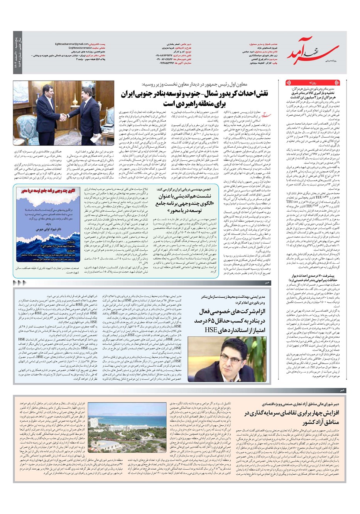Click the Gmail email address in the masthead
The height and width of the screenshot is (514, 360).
tap(72, 44)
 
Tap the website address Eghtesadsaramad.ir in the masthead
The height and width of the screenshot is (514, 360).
tap(74, 47)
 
